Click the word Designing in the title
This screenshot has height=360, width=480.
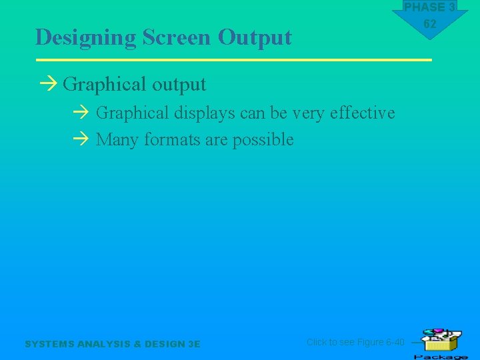pos(86,38)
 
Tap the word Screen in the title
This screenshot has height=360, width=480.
pos(177,37)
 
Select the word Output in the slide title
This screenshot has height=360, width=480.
pos(255,38)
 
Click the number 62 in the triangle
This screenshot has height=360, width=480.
pos(430,24)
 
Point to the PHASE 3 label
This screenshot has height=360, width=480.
pos(430,7)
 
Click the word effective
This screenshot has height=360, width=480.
pos(362,113)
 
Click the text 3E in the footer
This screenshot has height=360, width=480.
pos(194,344)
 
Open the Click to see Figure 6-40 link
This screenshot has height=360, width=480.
pos(355,342)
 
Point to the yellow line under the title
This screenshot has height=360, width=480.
pos(233,60)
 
